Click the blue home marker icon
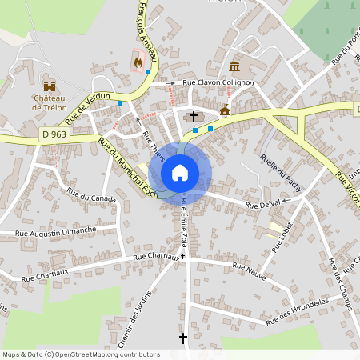pyautogui.click(x=180, y=172)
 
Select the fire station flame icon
pyautogui.click(x=138, y=60)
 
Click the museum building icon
pyautogui.click(x=234, y=66)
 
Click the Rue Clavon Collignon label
pyautogui.click(x=218, y=82)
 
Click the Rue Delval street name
pyautogui.click(x=263, y=206)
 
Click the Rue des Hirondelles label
pyautogui.click(x=298, y=310)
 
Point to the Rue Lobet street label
pyautogui.click(x=282, y=237)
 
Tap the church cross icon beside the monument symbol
pyautogui.click(x=193, y=118)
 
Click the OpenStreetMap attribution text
pyautogui.click(x=81, y=354)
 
